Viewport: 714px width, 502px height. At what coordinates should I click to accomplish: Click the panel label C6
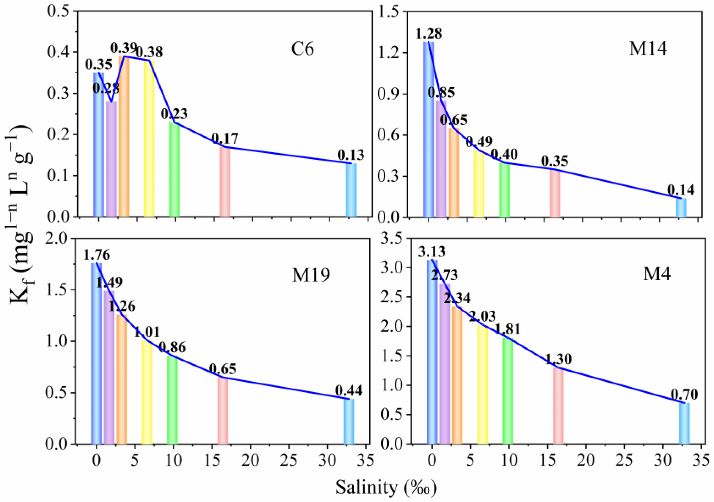coord(302,49)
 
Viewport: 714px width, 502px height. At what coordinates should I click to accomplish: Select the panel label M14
coord(648,49)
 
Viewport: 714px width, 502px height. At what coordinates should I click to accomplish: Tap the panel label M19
coord(311,275)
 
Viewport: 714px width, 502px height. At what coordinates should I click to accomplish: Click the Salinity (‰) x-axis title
coord(386,487)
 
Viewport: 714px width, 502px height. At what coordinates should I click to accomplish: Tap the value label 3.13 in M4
coord(432,252)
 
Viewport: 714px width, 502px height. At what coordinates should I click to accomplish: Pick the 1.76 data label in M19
coord(96,255)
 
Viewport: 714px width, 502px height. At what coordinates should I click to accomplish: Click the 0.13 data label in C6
coord(351,155)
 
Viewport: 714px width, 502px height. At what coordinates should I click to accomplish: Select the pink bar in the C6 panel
coord(225,182)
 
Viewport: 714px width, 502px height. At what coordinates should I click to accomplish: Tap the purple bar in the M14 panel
coord(441,159)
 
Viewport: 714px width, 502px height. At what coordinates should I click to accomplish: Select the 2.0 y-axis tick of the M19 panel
coord(60,238)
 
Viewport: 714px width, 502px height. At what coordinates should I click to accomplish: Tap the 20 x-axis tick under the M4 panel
coord(586,460)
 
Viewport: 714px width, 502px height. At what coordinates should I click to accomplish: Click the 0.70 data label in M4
coord(684,395)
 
